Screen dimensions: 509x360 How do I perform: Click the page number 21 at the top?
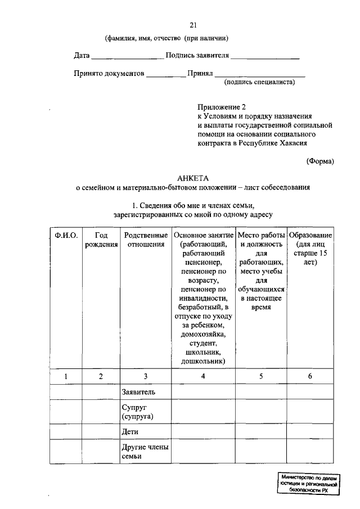[193, 25]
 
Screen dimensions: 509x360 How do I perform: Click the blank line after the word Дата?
[127, 57]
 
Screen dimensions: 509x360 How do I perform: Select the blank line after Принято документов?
[166, 75]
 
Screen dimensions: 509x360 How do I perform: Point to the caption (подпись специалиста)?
[259, 82]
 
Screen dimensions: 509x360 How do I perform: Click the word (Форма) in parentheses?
[320, 161]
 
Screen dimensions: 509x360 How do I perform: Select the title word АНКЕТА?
[193, 178]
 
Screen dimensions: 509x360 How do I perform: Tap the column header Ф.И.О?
[66, 235]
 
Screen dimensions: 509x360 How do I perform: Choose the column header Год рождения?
[101, 240]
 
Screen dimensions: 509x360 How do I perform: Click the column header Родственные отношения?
[146, 240]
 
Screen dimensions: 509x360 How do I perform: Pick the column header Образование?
[310, 235]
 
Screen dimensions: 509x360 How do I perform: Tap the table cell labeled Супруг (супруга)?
[138, 412]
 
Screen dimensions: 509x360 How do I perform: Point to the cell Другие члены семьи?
[145, 452]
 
